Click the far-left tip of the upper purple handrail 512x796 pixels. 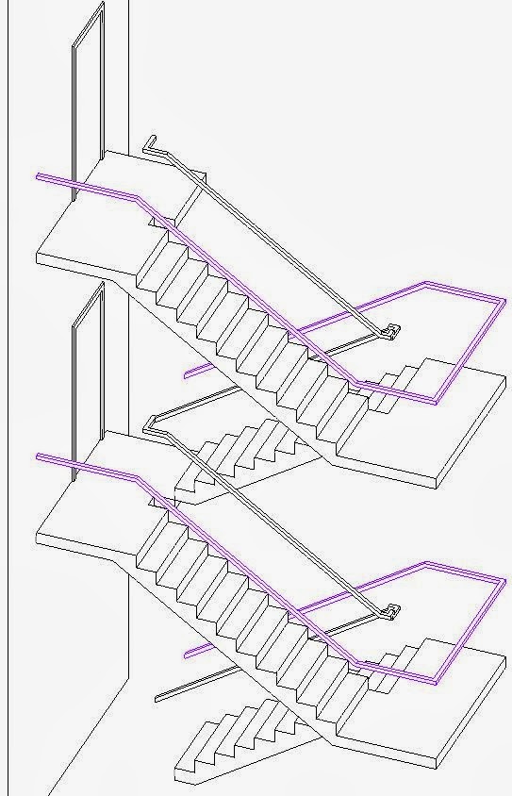(x=38, y=175)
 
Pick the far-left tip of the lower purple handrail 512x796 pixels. (x=38, y=456)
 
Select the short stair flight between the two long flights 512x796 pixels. (x=236, y=453)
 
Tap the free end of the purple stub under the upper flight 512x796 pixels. (x=186, y=373)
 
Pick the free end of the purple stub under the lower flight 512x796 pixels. (x=186, y=653)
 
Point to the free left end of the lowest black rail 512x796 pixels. (x=157, y=698)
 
